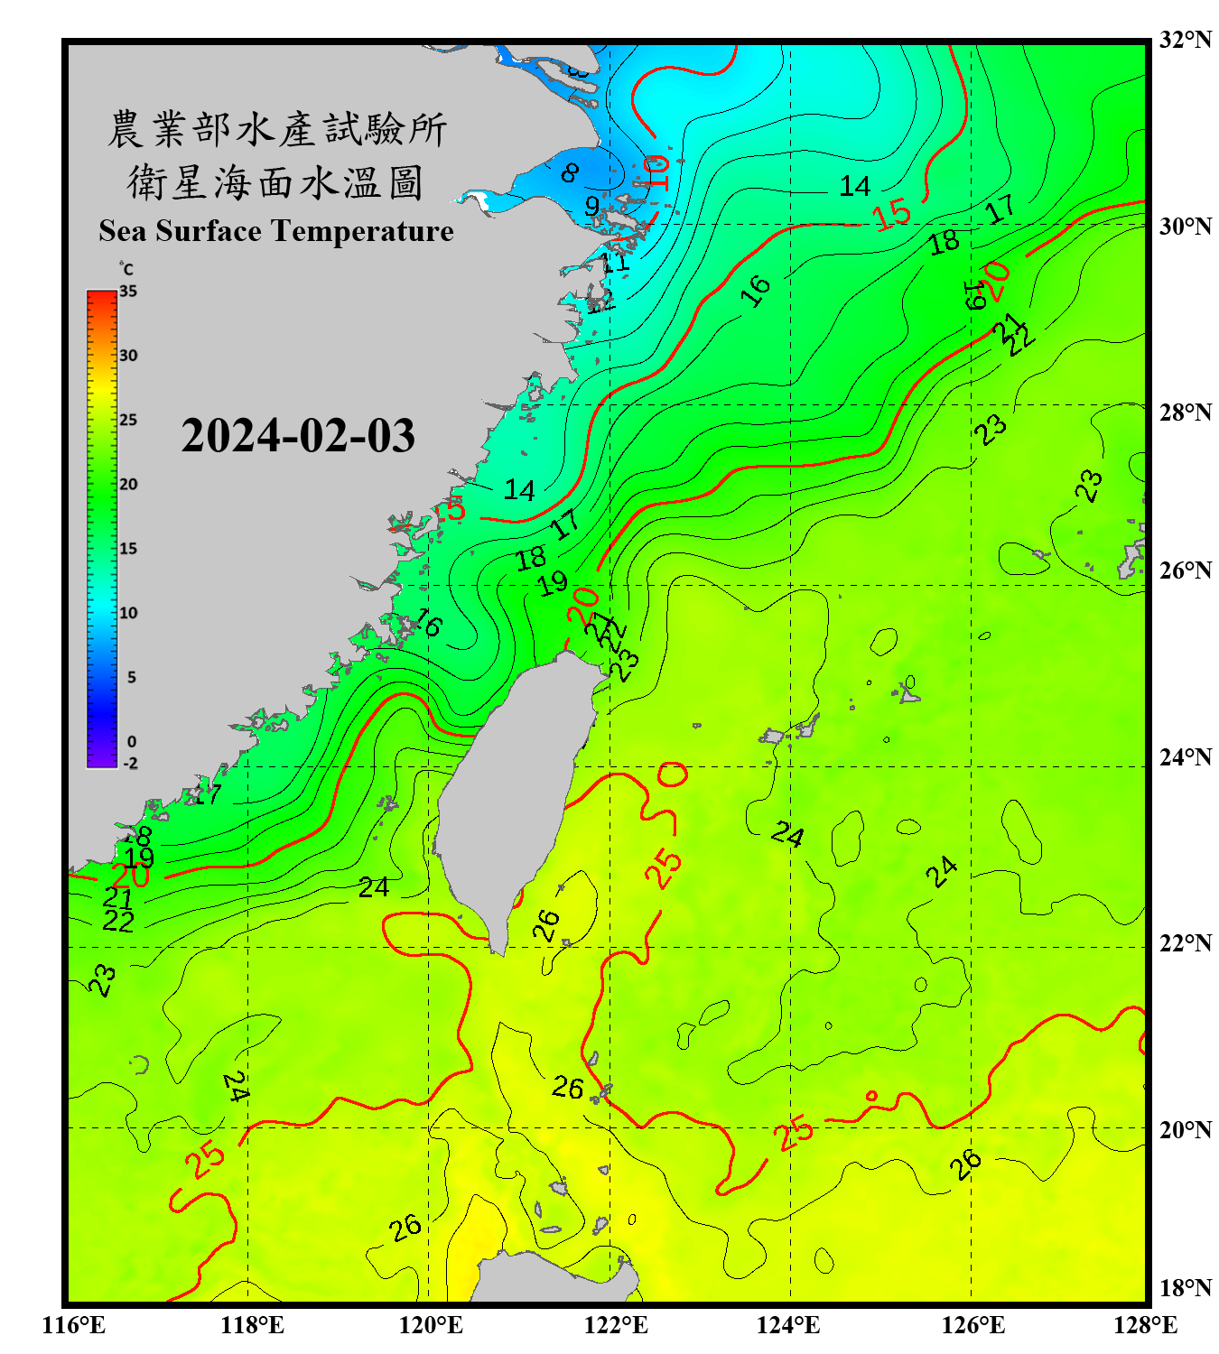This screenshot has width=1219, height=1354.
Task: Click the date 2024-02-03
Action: [298, 436]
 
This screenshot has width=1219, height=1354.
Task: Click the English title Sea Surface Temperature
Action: [276, 231]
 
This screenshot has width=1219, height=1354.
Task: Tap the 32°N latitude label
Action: [1186, 40]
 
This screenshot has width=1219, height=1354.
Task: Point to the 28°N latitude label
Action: [1186, 413]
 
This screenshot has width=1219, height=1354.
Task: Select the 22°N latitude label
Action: [1186, 943]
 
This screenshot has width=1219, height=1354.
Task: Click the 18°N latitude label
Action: [1186, 1288]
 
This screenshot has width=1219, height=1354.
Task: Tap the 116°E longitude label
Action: [74, 1325]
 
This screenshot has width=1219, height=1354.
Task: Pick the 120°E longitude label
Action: [431, 1325]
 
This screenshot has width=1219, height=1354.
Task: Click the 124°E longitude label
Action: [788, 1325]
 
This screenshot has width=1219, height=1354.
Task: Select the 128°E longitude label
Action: [1145, 1325]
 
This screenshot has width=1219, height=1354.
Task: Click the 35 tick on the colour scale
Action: [128, 292]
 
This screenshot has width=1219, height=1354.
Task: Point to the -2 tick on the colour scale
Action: [130, 764]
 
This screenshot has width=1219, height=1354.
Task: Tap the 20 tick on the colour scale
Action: [128, 485]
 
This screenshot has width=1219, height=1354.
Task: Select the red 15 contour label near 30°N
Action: [892, 215]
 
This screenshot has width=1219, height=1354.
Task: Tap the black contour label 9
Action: [591, 206]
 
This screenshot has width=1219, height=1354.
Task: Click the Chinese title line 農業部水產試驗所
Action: [277, 129]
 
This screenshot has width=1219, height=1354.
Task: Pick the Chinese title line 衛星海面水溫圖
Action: [275, 182]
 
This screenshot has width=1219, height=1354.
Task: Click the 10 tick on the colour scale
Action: [128, 613]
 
